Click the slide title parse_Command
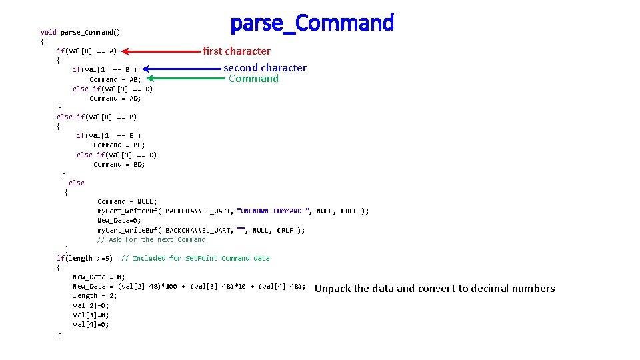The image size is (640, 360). click(312, 23)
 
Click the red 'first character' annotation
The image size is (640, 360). click(237, 51)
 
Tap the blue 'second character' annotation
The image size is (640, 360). click(265, 67)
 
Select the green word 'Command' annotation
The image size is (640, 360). click(253, 79)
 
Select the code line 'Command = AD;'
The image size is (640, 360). click(115, 98)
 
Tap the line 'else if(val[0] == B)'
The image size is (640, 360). click(97, 117)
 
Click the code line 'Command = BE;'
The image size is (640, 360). click(119, 145)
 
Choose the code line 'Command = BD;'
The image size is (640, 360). click(119, 164)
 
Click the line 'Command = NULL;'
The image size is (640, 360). click(127, 201)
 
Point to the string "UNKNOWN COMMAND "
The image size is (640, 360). click(274, 211)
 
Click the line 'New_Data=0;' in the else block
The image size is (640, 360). click(119, 220)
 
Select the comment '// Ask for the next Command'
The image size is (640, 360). click(151, 239)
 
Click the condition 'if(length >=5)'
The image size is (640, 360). click(85, 258)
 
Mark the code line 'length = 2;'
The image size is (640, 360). click(95, 295)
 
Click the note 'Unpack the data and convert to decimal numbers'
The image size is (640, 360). click(434, 289)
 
